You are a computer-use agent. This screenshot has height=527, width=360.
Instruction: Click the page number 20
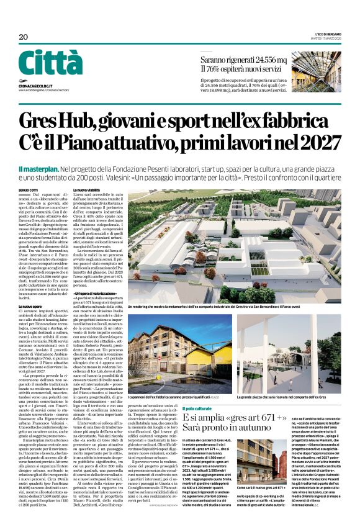23,37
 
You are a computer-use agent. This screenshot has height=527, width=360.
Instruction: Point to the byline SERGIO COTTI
28,189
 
